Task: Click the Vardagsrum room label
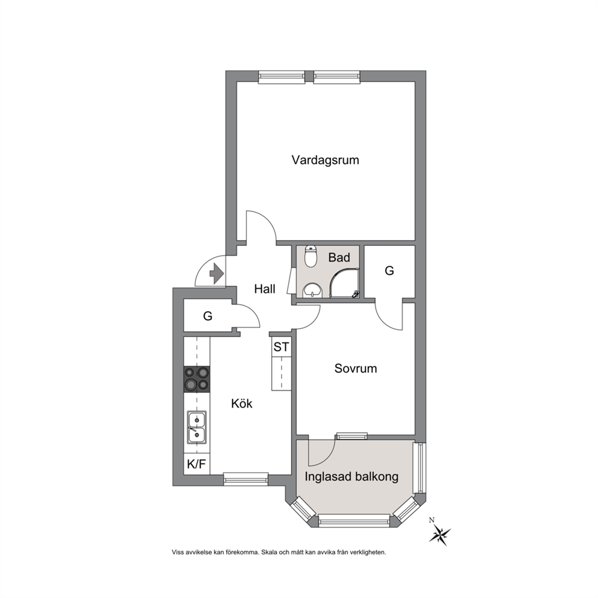click(x=326, y=160)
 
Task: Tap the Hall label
click(x=265, y=289)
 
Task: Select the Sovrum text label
click(x=356, y=368)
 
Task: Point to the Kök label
click(x=242, y=403)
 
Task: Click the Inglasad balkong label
click(x=351, y=477)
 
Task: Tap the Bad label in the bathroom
click(x=339, y=257)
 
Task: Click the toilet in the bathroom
click(x=311, y=256)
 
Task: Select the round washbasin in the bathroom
click(x=313, y=291)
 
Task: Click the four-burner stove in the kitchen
click(x=197, y=379)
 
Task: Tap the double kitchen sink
click(x=197, y=427)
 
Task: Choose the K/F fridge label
click(x=197, y=464)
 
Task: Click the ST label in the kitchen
click(x=281, y=347)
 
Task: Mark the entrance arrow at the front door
click(x=216, y=274)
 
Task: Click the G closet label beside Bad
click(x=389, y=271)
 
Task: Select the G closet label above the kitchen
click(x=207, y=316)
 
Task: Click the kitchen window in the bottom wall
click(x=245, y=479)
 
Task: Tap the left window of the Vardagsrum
click(x=282, y=77)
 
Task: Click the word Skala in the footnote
click(x=268, y=552)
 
